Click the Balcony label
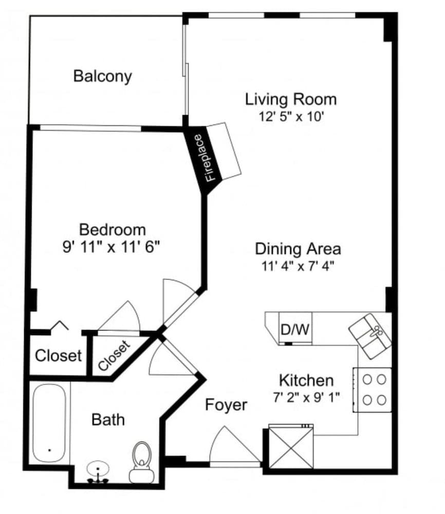pos(102,76)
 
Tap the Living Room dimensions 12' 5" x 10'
pos(291,116)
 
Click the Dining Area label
pos(298,249)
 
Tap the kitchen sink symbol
pos(370,336)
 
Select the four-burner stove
pos(373,390)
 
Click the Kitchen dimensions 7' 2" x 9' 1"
pos(306,397)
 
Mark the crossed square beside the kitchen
pos(291,446)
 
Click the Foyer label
pos(226,405)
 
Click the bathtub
pos(49,425)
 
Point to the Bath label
pos(108,419)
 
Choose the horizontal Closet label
pos(58,355)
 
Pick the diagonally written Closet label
pos(115,355)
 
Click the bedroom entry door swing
pos(177,301)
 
